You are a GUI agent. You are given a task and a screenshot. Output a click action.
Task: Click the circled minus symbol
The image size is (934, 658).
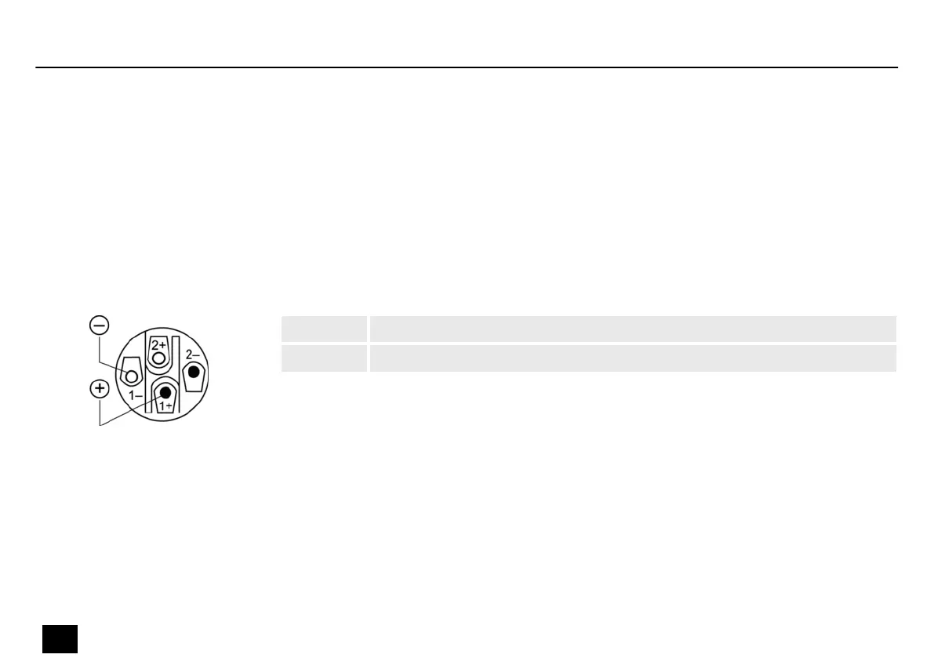(x=100, y=325)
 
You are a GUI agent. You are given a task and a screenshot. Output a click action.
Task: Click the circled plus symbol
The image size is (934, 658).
(x=100, y=389)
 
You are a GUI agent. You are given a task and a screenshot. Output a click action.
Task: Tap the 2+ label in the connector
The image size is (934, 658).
(x=158, y=345)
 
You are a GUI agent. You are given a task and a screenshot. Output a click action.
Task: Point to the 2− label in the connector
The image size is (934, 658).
(x=192, y=355)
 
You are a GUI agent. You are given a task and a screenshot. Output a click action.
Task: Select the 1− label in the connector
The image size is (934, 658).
(x=136, y=395)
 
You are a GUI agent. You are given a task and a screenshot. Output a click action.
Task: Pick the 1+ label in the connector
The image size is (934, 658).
(x=165, y=406)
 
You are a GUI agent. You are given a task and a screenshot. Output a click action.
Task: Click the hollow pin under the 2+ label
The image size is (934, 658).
(x=158, y=358)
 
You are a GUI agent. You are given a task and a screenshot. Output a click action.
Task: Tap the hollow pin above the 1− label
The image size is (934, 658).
(x=132, y=376)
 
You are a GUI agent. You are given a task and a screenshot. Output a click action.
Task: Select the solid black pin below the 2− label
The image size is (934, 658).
(x=194, y=373)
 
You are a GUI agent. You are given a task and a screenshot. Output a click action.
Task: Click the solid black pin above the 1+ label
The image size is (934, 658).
(x=165, y=392)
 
